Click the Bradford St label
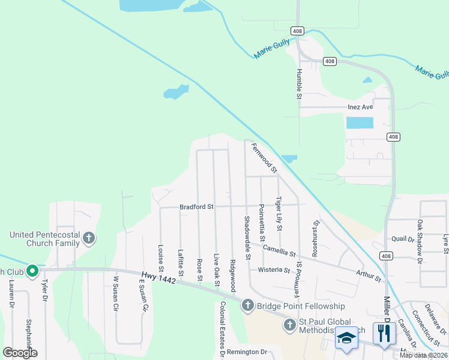coord(196,207)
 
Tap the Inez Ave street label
coord(360,107)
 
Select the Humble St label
coord(298,83)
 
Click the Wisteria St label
coord(274,270)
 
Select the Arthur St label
coord(368,275)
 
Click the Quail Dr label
coord(403,239)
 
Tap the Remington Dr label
coord(246,352)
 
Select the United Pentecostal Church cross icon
coord(88,239)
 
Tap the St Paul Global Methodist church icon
coord(289,325)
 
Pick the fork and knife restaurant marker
coord(384,333)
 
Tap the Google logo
coord(20,353)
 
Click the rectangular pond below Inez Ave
coord(359,123)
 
